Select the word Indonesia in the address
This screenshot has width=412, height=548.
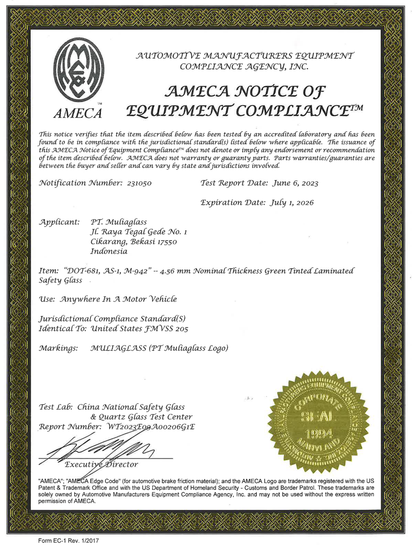[x=108, y=252]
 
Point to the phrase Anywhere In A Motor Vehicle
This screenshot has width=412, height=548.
[x=118, y=299]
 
